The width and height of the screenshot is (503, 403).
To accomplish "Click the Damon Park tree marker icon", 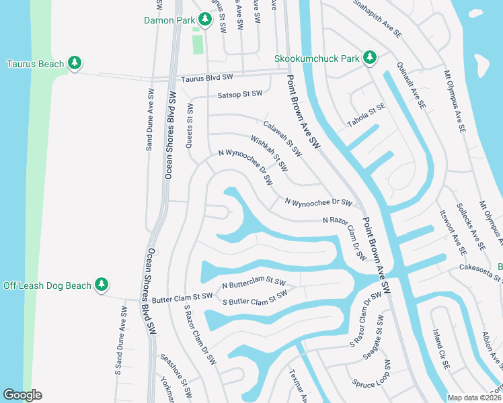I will pos(202,20).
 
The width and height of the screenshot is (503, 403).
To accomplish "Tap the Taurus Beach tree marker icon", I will pos(76,64).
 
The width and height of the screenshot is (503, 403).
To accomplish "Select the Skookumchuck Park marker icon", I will pos(369,58).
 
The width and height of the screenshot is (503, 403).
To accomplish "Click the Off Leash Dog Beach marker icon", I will pos(102,285).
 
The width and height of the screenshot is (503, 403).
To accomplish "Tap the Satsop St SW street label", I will pos(239,94).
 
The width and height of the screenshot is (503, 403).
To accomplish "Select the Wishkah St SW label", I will pos(269,152).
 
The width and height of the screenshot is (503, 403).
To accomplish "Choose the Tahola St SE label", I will pos(366,114).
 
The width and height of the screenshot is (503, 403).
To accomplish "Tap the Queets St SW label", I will pos(190,124).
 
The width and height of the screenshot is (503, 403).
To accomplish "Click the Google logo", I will pos(23,395).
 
